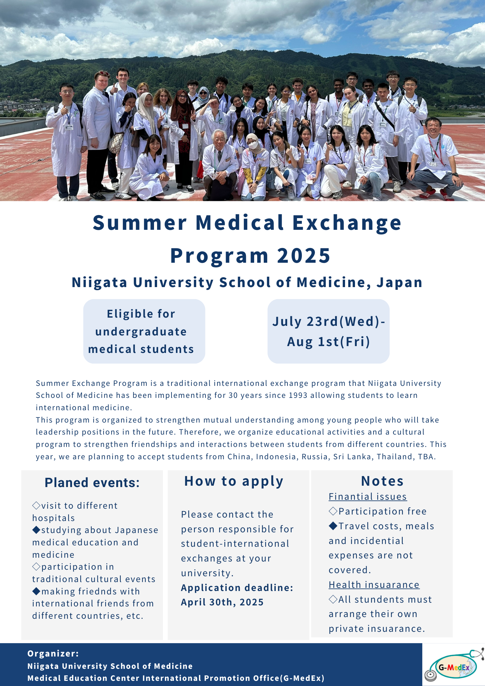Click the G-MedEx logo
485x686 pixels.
(454, 665)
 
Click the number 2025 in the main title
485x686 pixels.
(304, 256)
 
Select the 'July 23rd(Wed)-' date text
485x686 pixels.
(329, 321)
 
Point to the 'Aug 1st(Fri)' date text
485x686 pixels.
(329, 342)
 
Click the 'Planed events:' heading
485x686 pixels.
(92, 483)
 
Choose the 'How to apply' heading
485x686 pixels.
(234, 482)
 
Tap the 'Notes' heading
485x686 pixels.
(382, 481)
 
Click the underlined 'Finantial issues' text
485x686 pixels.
(368, 497)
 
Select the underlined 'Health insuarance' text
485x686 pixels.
(374, 585)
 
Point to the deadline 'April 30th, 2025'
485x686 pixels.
(222, 602)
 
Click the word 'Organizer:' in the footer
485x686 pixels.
(53, 654)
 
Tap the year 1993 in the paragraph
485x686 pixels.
(298, 395)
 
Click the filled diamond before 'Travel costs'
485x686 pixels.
(333, 525)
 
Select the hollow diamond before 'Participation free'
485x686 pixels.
(333, 511)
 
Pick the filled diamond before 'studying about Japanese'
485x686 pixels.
(36, 530)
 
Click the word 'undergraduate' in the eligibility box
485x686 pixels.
(141, 332)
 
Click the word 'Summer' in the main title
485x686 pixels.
(140, 223)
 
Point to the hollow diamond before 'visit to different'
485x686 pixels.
(36, 505)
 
